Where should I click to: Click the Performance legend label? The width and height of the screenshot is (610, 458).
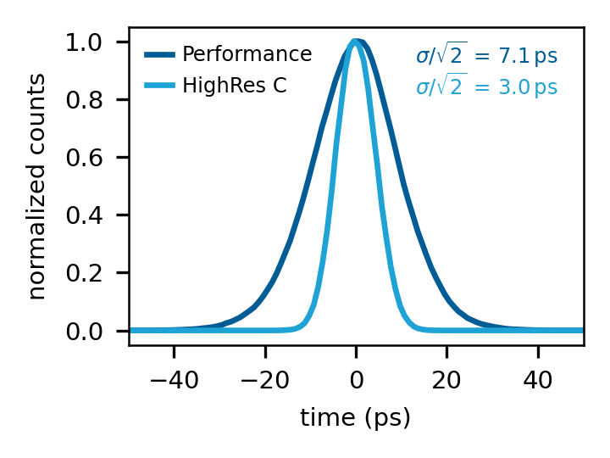[247, 55]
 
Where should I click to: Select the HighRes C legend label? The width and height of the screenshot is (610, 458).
[235, 86]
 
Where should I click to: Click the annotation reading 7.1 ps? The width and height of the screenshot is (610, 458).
[486, 57]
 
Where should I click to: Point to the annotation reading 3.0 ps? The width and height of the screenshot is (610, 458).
[486, 87]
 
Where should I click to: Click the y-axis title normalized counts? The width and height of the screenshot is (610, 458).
[37, 186]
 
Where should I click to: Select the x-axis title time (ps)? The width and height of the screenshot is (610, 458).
[356, 417]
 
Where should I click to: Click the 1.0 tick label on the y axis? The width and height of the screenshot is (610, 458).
[85, 42]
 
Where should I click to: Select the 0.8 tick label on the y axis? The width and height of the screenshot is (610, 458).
[85, 100]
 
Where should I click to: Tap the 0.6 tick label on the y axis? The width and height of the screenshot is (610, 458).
[85, 158]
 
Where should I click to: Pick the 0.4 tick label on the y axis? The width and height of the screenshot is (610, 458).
[85, 215]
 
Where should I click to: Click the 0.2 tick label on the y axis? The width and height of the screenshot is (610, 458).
[85, 273]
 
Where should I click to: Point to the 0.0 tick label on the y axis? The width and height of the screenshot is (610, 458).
[85, 331]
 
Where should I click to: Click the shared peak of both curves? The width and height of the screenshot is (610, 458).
[356, 42]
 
